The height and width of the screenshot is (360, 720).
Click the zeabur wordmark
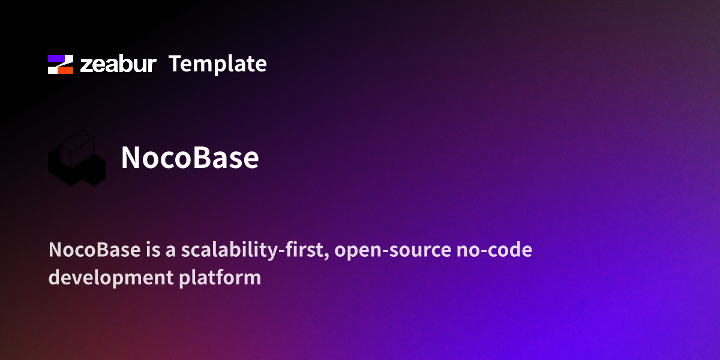[x=118, y=64]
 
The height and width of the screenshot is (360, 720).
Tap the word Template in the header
[x=217, y=64]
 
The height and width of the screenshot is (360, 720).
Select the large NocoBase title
[x=190, y=158]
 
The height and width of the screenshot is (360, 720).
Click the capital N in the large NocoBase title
[x=131, y=158]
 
